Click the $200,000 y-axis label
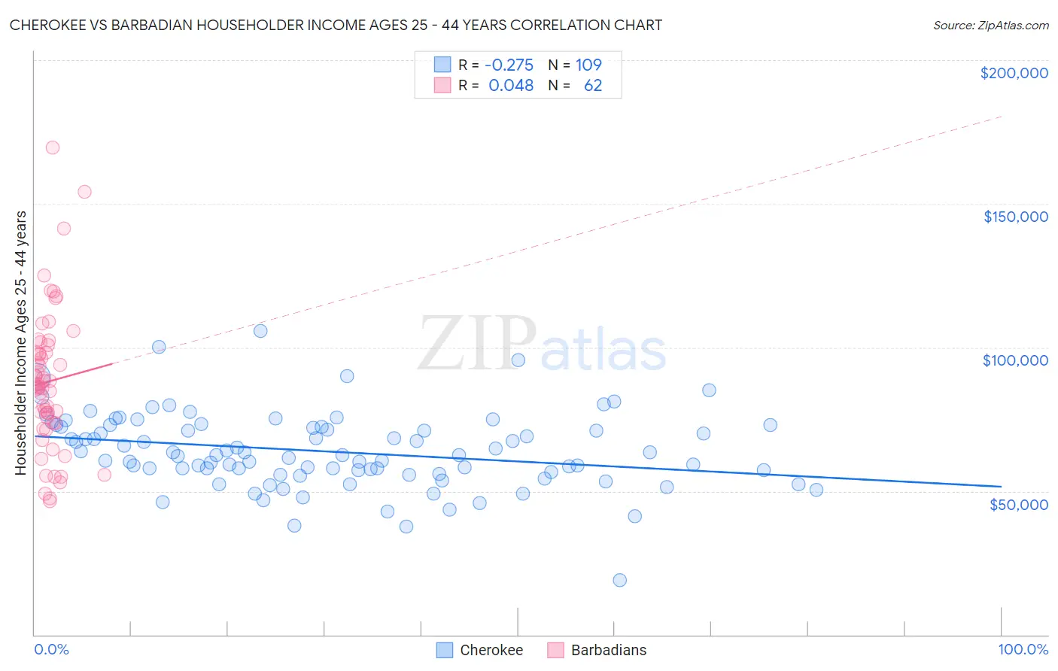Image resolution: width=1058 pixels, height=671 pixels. point(1014,73)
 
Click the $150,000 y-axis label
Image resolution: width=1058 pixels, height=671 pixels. point(1015,217)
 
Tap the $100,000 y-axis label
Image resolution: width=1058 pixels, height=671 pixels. point(1015,360)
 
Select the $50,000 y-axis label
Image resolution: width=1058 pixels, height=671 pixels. point(1018,504)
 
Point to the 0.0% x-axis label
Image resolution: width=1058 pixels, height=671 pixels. point(51,649)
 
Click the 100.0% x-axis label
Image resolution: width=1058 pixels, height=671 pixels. point(1023,649)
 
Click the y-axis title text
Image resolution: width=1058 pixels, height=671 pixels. point(20,342)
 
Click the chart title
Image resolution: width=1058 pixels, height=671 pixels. point(336,25)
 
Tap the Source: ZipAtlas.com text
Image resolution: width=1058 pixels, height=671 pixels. point(990,26)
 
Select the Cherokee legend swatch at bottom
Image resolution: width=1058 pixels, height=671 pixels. point(445,650)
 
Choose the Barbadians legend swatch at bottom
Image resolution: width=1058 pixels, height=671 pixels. point(555,650)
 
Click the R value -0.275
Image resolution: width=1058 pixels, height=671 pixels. point(509,65)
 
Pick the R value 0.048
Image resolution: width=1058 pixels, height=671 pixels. point(511,85)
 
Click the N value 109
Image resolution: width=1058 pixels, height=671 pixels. point(588,65)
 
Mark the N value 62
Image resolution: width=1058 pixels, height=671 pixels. point(592,85)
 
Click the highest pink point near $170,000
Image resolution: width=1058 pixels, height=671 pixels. point(53,147)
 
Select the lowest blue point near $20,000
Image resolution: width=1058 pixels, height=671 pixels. point(619,580)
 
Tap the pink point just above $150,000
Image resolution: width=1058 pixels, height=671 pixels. point(84,192)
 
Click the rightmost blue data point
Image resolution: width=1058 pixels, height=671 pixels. point(816,490)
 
